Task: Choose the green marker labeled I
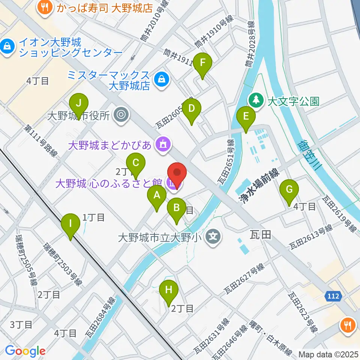point(70,225)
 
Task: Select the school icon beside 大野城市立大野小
point(213,237)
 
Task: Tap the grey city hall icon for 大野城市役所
point(121,115)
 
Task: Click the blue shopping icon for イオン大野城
point(7,46)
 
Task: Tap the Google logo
point(25,351)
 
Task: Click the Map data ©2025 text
point(328,354)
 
